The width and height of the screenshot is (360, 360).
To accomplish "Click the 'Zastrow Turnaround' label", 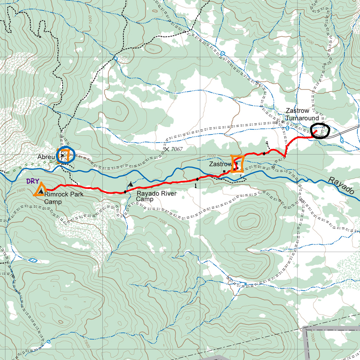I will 302,114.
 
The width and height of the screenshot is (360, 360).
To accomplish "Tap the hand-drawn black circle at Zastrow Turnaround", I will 319,130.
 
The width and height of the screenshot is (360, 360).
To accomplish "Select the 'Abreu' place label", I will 46,157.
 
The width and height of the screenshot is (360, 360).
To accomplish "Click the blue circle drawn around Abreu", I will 65,155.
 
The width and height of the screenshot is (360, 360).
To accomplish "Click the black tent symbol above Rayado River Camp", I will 130,184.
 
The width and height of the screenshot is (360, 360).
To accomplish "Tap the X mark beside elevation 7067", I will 166,149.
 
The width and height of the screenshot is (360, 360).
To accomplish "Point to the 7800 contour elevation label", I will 87,343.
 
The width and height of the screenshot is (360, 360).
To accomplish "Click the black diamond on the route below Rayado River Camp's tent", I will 125,192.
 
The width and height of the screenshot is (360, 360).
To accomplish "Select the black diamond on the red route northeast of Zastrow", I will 264,153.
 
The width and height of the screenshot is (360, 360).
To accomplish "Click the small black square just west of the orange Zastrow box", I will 224,171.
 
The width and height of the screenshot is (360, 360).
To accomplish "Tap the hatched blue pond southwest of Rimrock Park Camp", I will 33,260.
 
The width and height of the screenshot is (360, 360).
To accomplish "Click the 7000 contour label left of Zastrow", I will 211,156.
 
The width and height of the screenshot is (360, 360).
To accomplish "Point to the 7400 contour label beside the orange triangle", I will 21,190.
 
